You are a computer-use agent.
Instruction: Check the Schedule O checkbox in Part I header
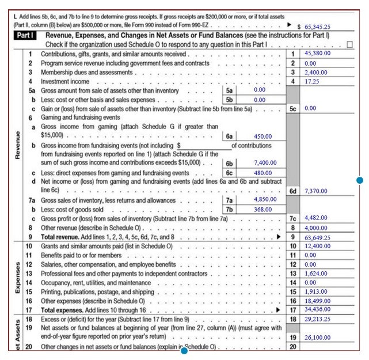click(x=350, y=44)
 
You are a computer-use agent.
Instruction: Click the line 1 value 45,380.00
click(x=317, y=53)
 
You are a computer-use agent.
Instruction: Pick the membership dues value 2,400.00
click(x=315, y=73)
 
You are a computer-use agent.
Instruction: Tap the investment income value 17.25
click(x=312, y=82)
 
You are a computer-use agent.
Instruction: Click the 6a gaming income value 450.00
click(x=263, y=137)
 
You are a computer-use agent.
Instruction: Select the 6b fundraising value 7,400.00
click(x=265, y=163)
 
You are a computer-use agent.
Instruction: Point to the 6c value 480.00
click(x=263, y=173)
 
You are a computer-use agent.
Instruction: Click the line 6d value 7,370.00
click(x=315, y=191)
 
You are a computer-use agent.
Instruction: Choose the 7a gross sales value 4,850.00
click(x=265, y=199)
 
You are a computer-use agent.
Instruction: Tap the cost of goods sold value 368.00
click(x=263, y=210)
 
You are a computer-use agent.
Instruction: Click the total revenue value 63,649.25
click(x=317, y=237)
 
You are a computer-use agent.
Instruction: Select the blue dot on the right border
click(x=360, y=180)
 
